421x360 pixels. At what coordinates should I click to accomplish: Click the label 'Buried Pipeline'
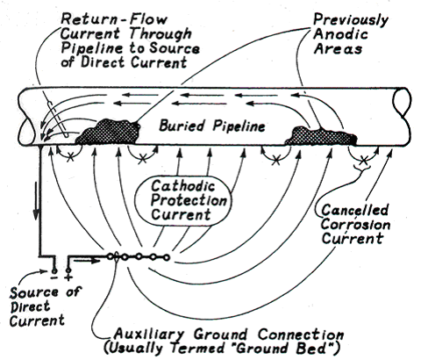(x=214, y=125)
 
